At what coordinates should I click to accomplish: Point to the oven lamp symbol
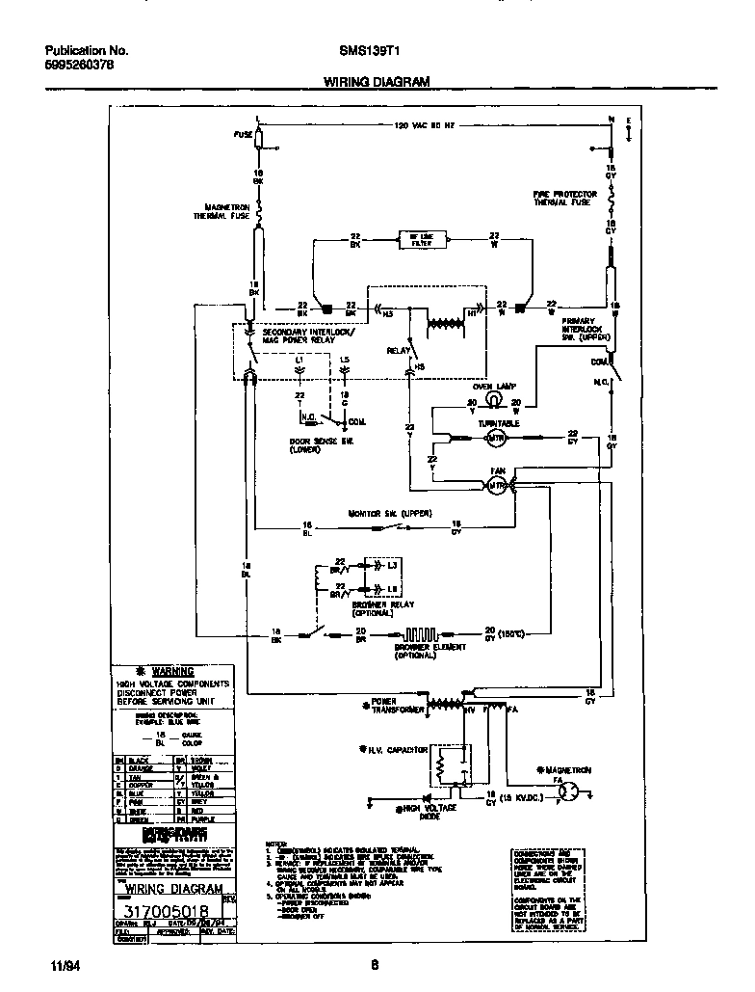[x=492, y=398]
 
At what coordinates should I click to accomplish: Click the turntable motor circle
[x=495, y=440]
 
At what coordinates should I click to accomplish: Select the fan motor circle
[x=497, y=486]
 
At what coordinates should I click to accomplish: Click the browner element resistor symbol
[x=420, y=635]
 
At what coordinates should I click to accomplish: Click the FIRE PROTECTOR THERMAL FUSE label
[x=565, y=199]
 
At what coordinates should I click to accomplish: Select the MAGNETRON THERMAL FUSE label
[x=227, y=212]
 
